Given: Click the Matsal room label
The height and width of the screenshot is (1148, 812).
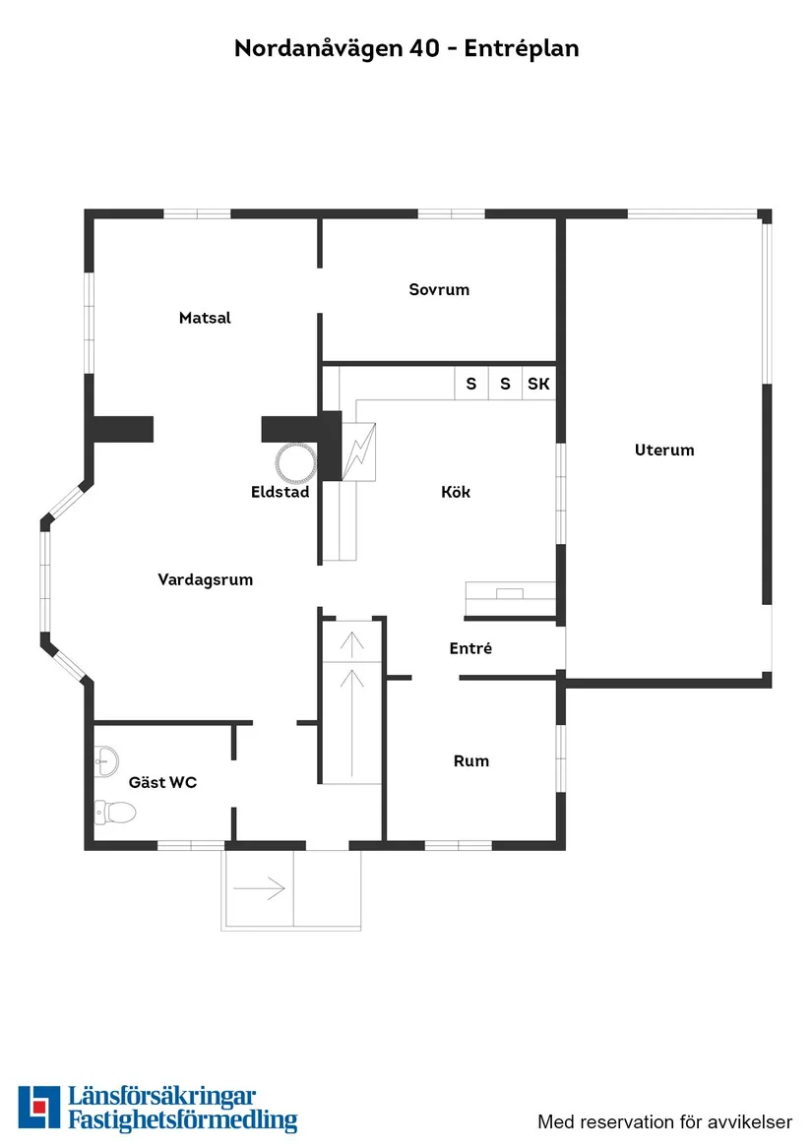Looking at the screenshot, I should click(x=205, y=318).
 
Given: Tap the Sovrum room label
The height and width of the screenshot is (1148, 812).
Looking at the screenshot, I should click(x=439, y=289).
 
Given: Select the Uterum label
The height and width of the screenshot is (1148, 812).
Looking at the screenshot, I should click(x=664, y=450).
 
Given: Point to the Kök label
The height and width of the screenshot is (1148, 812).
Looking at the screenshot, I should click(x=456, y=491).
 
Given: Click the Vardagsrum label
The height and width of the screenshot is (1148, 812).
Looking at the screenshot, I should click(x=205, y=579).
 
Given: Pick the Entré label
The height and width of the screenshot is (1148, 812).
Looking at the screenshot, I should click(x=470, y=648).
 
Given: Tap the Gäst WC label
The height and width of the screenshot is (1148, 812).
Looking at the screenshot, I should click(x=162, y=783).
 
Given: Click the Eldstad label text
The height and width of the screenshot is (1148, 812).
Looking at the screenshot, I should click(x=281, y=491).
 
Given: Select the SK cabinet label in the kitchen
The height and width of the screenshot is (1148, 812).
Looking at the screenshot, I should click(x=538, y=384).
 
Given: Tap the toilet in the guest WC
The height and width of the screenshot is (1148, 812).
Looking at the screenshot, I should click(x=115, y=813).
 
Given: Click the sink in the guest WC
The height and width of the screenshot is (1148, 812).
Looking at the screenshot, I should click(x=106, y=757).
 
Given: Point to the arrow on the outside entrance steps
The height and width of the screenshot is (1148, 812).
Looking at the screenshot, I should click(x=260, y=888).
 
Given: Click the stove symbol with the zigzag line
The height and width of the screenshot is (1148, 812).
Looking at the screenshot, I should click(x=358, y=452).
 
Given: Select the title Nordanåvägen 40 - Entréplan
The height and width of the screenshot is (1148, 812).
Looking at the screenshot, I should click(x=406, y=48).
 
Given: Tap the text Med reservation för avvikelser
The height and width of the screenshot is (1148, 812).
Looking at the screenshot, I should click(x=664, y=1121).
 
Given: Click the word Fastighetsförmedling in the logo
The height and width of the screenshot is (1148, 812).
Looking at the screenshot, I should click(x=182, y=1121).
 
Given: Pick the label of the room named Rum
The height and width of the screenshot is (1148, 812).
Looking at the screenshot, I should click(x=470, y=760).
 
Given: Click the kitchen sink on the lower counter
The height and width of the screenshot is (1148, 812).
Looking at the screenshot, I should click(x=510, y=592).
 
